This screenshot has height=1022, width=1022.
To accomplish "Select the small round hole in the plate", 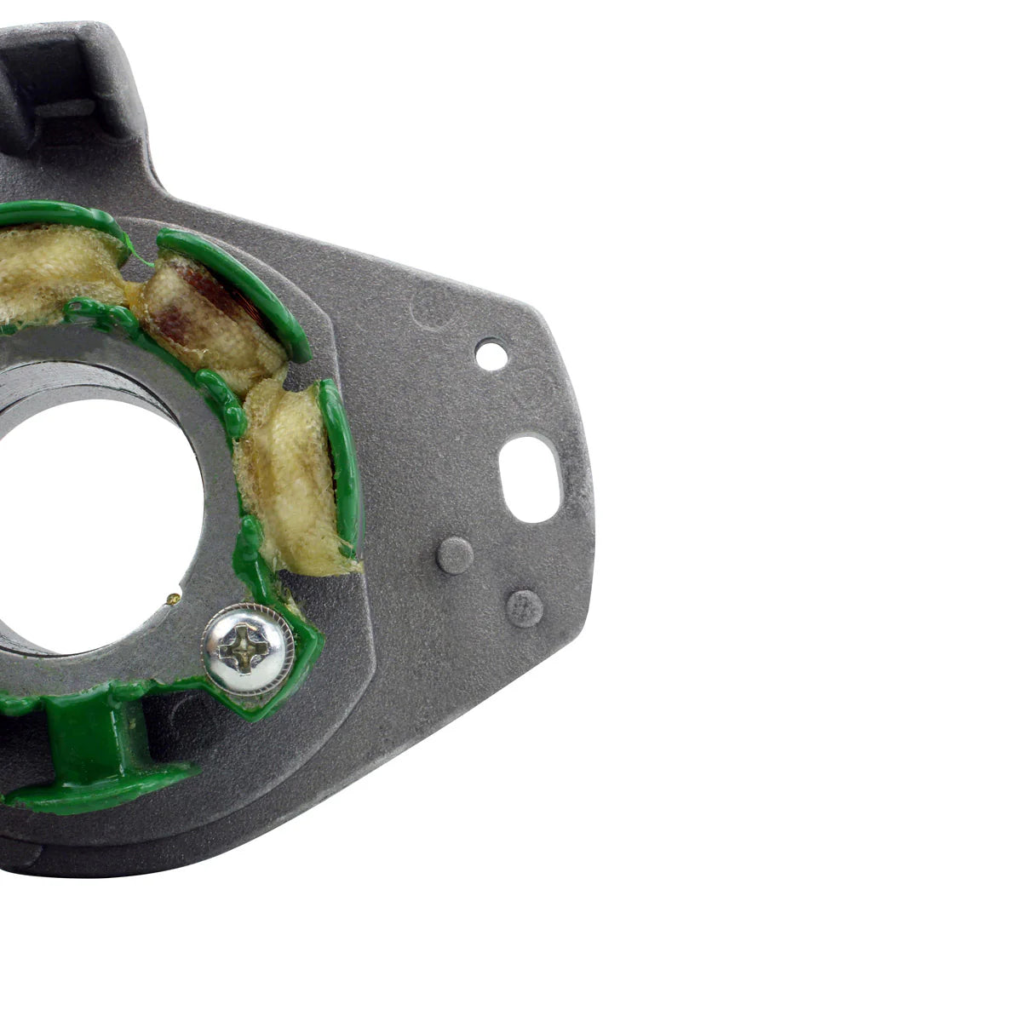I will point(491,353).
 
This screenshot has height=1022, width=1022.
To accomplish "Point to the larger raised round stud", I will point(455,555).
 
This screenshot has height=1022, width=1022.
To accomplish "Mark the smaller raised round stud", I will point(524,608).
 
